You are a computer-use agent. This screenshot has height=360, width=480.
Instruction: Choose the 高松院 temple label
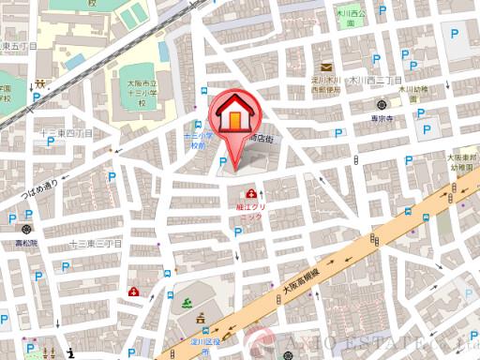pos(29,240)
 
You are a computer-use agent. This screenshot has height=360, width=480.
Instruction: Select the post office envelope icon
pos(325,67)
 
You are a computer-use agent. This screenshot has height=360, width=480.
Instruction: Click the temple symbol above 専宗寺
pos(379,105)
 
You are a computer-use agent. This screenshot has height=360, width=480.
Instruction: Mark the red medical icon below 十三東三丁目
pos(135,292)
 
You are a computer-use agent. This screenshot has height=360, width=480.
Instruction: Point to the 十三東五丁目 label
pos(20,46)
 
